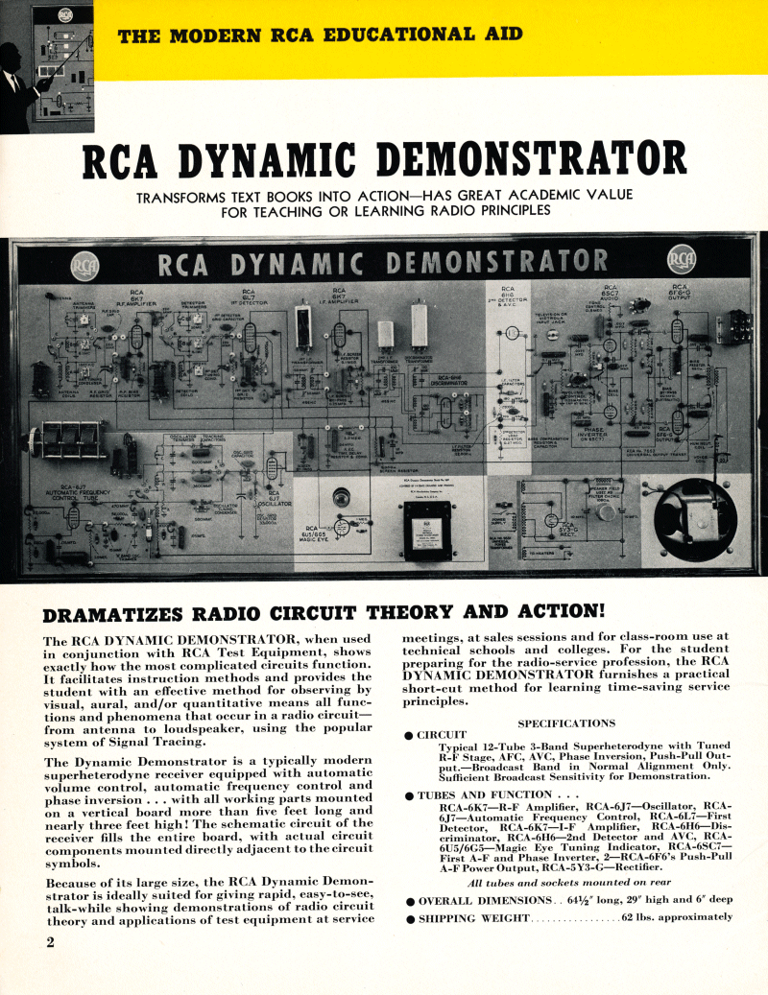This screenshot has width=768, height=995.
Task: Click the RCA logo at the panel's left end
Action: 84,262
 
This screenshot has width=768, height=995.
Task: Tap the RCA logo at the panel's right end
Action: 682,260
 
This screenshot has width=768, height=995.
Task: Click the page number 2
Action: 50,941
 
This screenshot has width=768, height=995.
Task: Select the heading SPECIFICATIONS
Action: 566,723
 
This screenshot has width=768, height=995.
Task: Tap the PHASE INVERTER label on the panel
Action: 601,435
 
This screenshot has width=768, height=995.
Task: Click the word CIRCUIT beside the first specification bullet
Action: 442,736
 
